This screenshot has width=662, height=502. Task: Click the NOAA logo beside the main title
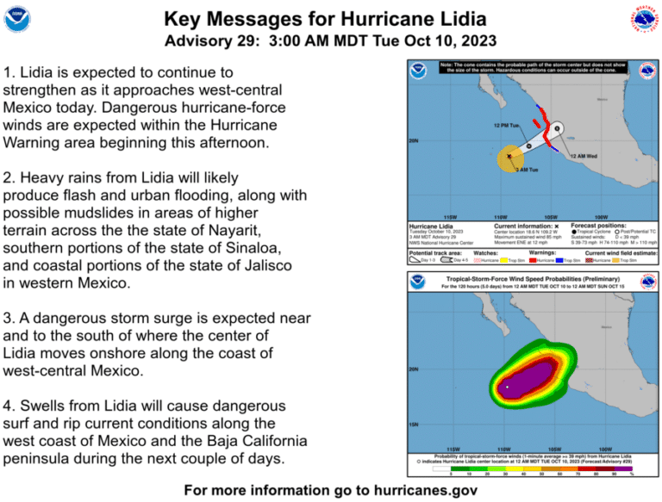(x=17, y=18)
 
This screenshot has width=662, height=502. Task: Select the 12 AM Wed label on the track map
(x=585, y=157)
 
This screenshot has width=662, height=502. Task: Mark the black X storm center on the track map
(x=509, y=157)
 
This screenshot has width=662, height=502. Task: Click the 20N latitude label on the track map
(x=414, y=140)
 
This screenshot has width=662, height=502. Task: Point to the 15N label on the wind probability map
(x=414, y=425)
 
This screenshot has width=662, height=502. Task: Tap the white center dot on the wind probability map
(x=508, y=387)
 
